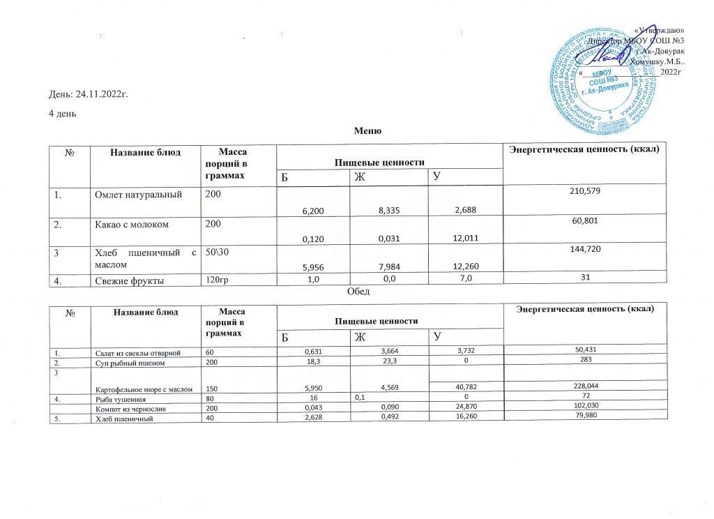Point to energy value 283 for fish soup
584,363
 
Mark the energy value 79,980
584,416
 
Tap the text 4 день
62,113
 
